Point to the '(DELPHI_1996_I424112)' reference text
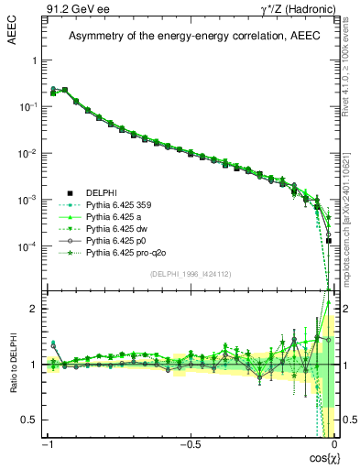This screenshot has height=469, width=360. (x=190, y=272)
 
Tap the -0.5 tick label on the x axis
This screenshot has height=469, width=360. (x=190, y=445)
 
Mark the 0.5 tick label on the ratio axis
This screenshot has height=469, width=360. (x=33, y=420)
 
